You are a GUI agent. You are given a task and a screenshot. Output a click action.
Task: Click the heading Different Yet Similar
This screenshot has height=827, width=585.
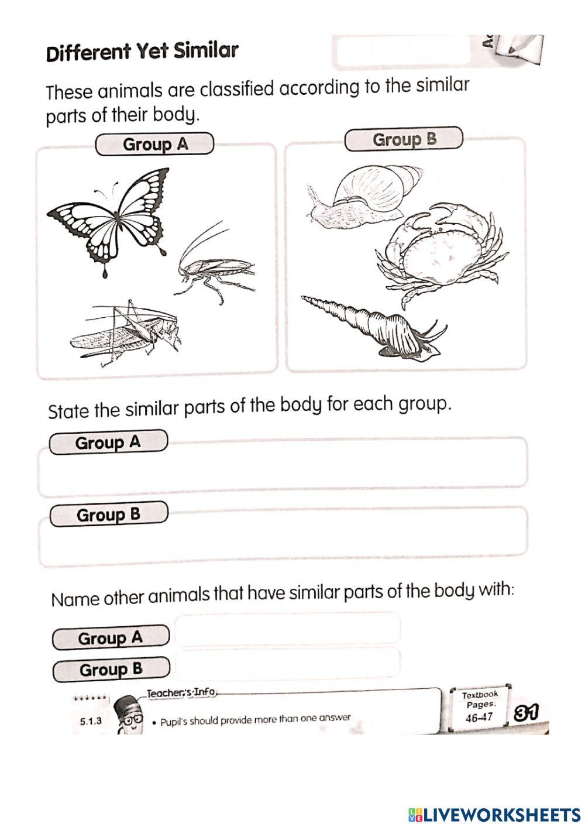pyautogui.click(x=142, y=52)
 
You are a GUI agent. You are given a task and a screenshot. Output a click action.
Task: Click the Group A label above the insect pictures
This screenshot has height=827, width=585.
pyautogui.click(x=154, y=144)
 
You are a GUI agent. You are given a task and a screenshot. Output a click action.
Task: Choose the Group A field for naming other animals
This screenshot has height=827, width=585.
pyautogui.click(x=288, y=629)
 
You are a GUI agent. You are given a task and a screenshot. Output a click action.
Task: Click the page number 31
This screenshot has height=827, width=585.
pyautogui.click(x=525, y=712)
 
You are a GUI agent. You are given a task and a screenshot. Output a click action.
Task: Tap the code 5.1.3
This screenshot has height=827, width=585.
pyautogui.click(x=91, y=720)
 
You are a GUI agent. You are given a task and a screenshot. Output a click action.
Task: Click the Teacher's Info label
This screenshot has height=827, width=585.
pyautogui.click(x=181, y=693)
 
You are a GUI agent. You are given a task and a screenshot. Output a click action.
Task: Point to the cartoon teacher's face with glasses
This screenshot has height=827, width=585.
pyautogui.click(x=129, y=716)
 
